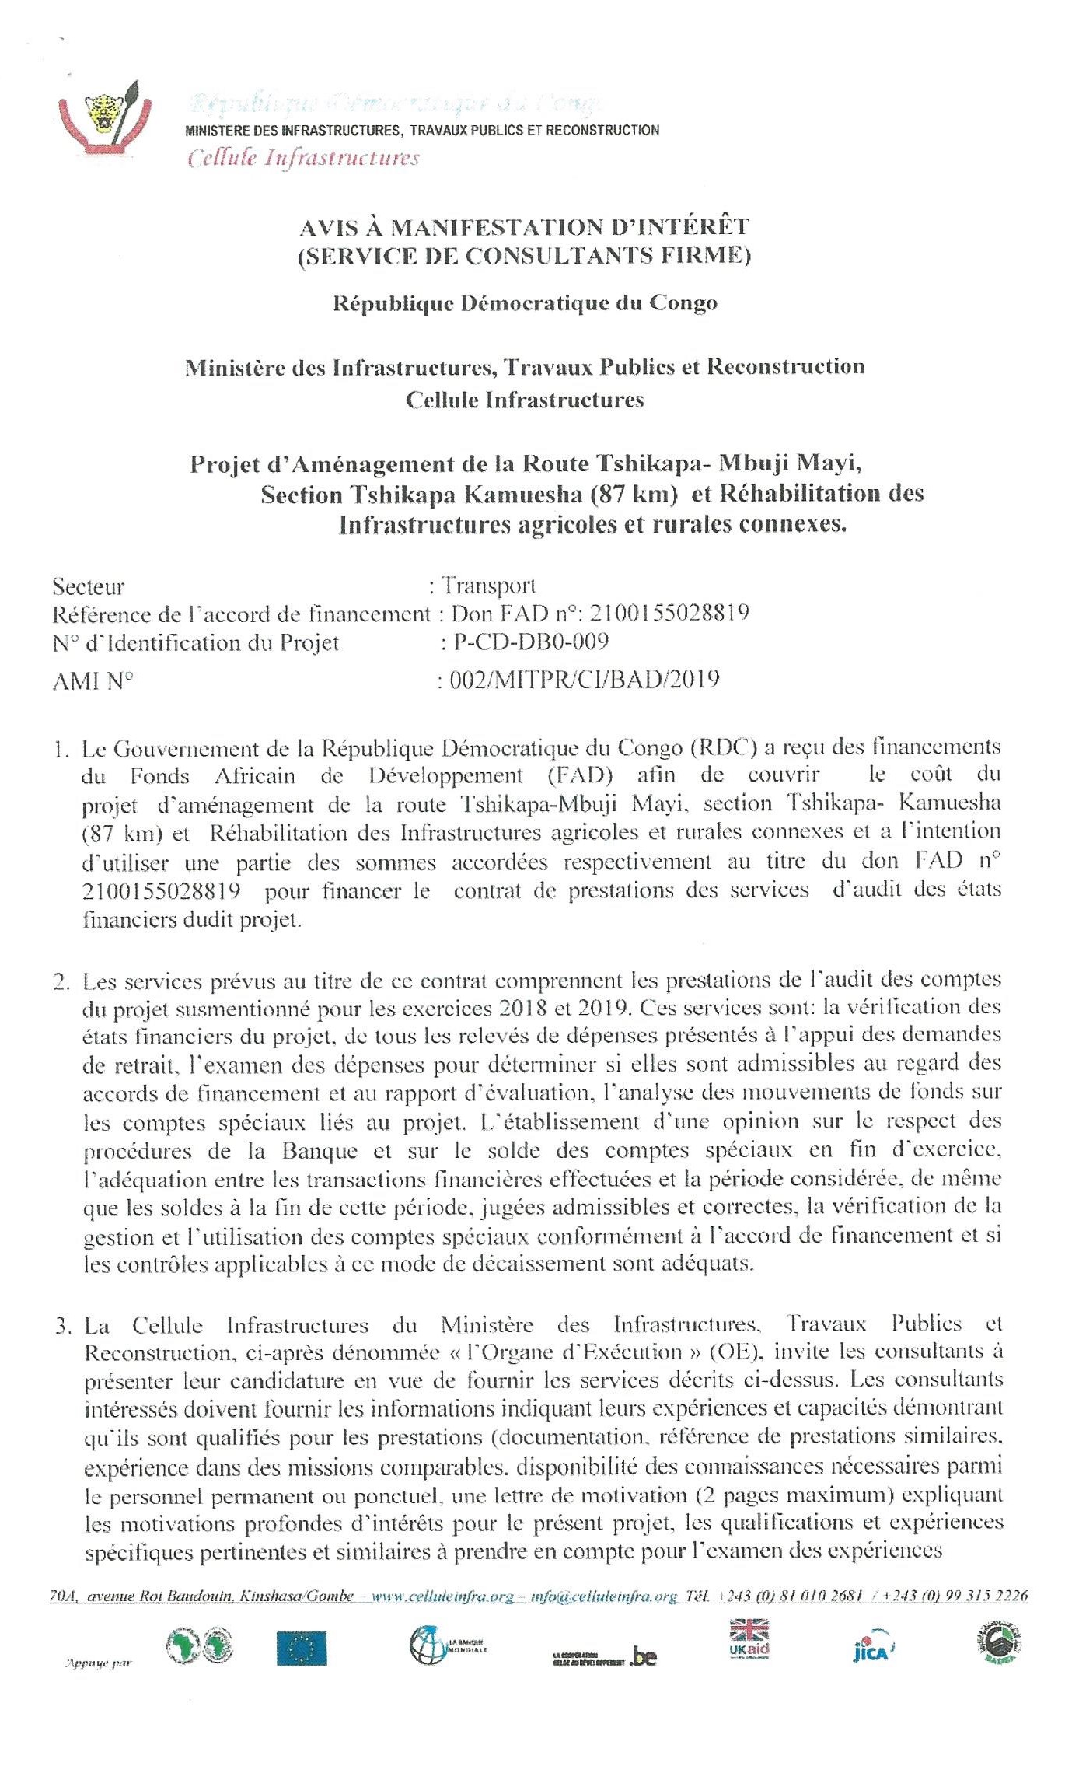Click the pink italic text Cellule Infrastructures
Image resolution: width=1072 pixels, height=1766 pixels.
point(303,159)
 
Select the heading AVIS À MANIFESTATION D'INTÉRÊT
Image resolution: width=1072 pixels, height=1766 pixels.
point(525,227)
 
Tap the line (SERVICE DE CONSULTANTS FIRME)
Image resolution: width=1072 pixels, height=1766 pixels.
point(525,256)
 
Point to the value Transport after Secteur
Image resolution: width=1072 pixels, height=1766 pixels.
point(489,586)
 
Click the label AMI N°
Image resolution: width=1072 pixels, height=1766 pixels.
point(93,682)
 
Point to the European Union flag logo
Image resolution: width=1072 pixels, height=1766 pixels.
point(302,1649)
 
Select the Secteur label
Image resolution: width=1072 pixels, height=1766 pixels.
point(88,586)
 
